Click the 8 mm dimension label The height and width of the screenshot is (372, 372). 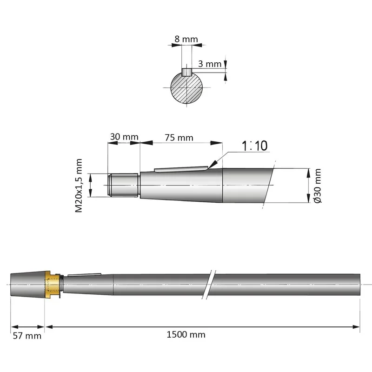pyautogui.click(x=186, y=39)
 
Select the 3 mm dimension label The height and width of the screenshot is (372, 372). pyautogui.click(x=210, y=64)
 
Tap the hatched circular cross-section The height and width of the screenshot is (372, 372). pyautogui.click(x=187, y=88)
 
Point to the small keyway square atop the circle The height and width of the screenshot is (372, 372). pyautogui.click(x=187, y=72)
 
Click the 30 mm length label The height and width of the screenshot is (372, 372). pyautogui.click(x=124, y=137)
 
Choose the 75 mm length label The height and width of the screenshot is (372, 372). pyautogui.click(x=179, y=138)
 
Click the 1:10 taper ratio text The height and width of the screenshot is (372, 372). pyautogui.click(x=254, y=146)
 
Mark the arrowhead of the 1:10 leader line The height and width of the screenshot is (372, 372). pyautogui.click(x=213, y=164)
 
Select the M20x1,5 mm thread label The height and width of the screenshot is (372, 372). pyautogui.click(x=79, y=186)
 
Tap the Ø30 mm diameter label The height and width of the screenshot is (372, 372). pyautogui.click(x=318, y=186)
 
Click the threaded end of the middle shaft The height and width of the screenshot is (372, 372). pyautogui.click(x=123, y=185)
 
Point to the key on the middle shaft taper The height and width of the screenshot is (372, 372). pyautogui.click(x=181, y=169)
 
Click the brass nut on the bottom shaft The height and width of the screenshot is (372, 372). pyautogui.click(x=53, y=285)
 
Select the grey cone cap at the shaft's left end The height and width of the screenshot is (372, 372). pyautogui.click(x=28, y=285)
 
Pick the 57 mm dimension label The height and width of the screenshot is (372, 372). pyautogui.click(x=27, y=336)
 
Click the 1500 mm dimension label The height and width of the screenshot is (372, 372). pyautogui.click(x=186, y=334)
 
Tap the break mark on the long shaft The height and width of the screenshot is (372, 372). pyautogui.click(x=209, y=285)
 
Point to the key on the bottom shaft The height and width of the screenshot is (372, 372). pyautogui.click(x=85, y=275)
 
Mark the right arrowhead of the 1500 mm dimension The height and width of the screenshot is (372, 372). pyautogui.click(x=356, y=327)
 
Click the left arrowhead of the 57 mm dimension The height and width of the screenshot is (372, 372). pyautogui.click(x=15, y=327)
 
